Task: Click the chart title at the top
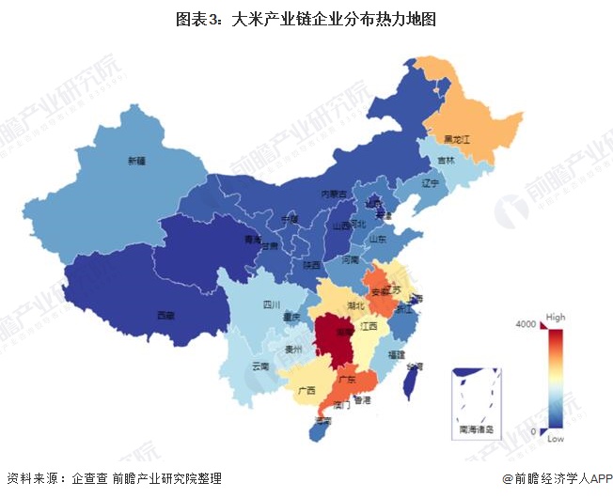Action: (306, 18)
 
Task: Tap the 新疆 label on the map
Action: (138, 161)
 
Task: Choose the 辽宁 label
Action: (431, 182)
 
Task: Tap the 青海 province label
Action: (252, 240)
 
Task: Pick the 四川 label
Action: (272, 304)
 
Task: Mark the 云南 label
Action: (260, 366)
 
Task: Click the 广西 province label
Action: (306, 389)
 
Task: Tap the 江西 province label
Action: (369, 325)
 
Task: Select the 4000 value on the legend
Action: (525, 324)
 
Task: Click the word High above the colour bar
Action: (556, 317)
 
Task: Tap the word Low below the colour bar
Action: (555, 439)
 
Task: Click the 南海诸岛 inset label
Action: (476, 429)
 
